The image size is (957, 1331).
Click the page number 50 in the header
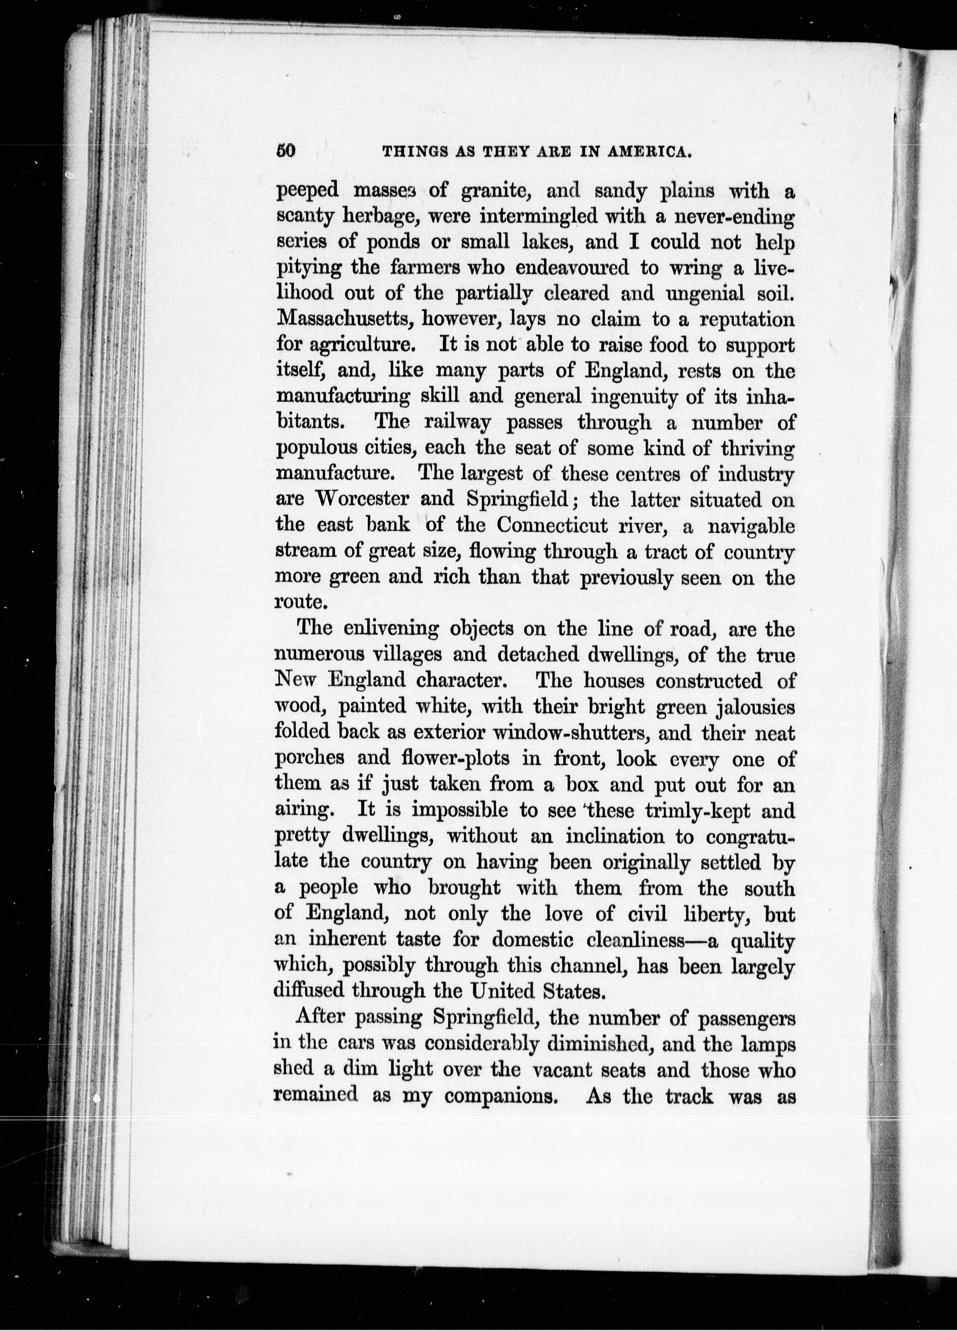coord(285,151)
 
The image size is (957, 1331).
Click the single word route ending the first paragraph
coord(299,603)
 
